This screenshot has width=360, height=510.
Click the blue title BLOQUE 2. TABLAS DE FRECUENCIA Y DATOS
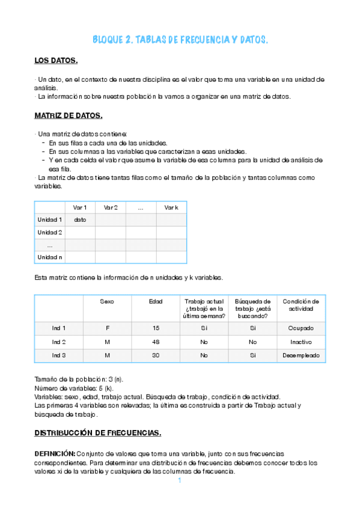pyautogui.click(x=180, y=40)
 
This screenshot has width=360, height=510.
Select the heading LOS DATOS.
pyautogui.click(x=56, y=61)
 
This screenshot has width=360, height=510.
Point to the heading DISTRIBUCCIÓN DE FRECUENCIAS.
pyautogui.click(x=97, y=432)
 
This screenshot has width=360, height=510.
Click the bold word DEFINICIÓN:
pyautogui.click(x=55, y=452)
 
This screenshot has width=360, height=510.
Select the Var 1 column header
pyautogui.click(x=80, y=207)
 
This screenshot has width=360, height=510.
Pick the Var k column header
pyautogui.click(x=171, y=207)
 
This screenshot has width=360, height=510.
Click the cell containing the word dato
pyautogui.click(x=80, y=220)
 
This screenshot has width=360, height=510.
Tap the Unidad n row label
pyautogui.click(x=50, y=257)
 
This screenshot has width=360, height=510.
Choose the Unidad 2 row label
pyautogui.click(x=50, y=232)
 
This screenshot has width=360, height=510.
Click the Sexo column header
pyautogui.click(x=107, y=301)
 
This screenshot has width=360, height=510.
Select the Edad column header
pyautogui.click(x=156, y=301)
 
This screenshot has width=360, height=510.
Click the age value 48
pyautogui.click(x=156, y=342)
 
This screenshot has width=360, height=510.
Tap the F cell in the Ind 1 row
pyautogui.click(x=107, y=328)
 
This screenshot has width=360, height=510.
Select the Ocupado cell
pyautogui.click(x=301, y=328)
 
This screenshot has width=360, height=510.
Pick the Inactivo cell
pyautogui.click(x=301, y=342)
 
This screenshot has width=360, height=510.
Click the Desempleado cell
pyautogui.click(x=301, y=355)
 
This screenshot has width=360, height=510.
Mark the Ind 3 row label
pyautogui.click(x=58, y=355)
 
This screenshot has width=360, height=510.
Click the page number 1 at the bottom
pyautogui.click(x=179, y=481)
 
